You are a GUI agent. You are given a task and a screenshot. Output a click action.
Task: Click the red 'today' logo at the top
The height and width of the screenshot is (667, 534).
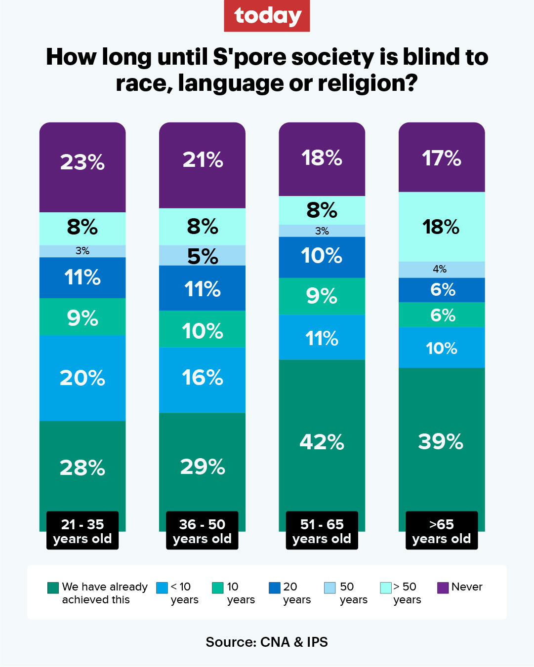(267, 16)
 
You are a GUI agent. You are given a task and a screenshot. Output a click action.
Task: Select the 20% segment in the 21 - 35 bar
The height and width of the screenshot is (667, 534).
(82, 378)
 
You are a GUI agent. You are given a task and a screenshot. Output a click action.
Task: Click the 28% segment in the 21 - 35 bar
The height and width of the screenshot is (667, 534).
(82, 467)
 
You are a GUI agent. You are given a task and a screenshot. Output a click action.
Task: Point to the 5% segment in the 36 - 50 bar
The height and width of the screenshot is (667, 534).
(202, 255)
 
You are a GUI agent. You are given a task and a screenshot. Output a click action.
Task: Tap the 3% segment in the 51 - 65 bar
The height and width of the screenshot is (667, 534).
(322, 231)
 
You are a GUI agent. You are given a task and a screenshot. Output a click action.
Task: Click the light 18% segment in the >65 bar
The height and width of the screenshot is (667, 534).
(441, 227)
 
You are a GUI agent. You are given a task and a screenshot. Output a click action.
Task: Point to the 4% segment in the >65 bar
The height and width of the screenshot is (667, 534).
(441, 269)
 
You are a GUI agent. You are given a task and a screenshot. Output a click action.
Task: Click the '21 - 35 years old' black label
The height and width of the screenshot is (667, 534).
(82, 531)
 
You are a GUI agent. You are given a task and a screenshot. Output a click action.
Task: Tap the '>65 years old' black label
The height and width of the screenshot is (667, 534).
(441, 531)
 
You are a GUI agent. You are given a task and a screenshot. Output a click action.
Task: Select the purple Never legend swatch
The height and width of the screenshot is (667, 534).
(443, 588)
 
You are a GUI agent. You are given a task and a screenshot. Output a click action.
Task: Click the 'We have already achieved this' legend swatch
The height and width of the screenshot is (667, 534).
(53, 588)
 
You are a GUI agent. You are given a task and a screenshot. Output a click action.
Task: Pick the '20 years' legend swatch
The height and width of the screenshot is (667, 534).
(275, 588)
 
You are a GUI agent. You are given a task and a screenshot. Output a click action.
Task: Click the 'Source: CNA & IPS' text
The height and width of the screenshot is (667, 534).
(267, 642)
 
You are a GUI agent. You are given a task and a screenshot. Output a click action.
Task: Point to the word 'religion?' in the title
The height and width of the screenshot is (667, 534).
(368, 83)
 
